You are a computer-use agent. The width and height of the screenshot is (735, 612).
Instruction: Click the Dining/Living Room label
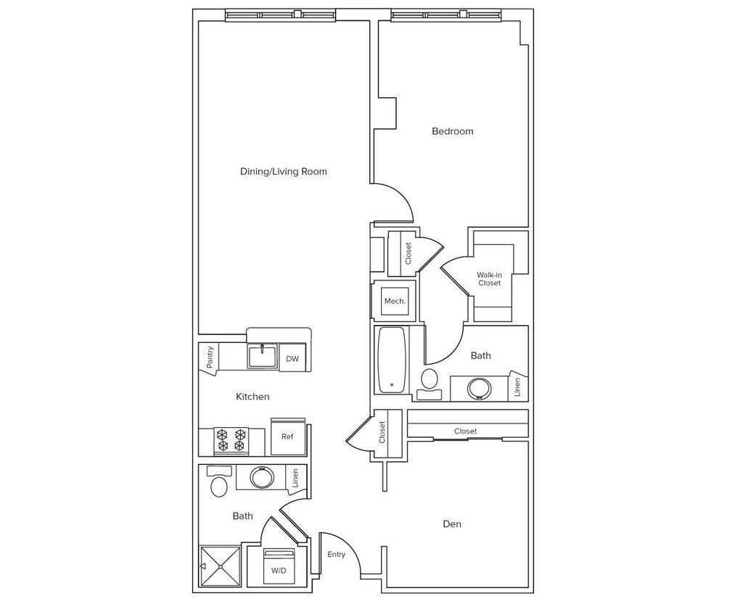click(283, 172)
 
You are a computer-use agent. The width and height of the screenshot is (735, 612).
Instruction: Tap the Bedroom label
click(452, 131)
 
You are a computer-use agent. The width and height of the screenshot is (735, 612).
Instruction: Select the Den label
click(451, 524)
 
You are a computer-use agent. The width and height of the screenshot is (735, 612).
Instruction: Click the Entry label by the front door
click(336, 555)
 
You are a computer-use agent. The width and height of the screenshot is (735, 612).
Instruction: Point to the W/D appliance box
click(279, 567)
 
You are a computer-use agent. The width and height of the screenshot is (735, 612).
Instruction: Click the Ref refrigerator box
click(288, 437)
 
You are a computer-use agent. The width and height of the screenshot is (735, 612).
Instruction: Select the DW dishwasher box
click(292, 358)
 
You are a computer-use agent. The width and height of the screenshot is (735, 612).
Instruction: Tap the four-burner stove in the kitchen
click(231, 440)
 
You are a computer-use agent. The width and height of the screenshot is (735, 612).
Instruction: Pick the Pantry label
click(210, 357)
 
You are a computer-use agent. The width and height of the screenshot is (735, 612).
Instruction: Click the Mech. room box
click(395, 301)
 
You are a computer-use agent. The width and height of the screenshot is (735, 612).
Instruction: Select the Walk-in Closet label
click(489, 278)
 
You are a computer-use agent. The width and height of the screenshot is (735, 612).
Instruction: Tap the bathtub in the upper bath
click(391, 360)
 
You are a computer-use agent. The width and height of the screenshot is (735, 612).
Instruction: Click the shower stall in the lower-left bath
click(220, 566)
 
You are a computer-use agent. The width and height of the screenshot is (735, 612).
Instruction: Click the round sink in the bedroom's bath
click(479, 388)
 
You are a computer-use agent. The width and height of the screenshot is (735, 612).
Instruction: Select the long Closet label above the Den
click(465, 431)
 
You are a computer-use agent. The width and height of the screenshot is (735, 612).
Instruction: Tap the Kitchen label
click(252, 397)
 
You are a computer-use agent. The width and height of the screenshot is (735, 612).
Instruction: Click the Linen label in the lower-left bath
click(295, 478)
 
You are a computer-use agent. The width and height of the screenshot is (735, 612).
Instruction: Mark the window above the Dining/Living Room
click(280, 15)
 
